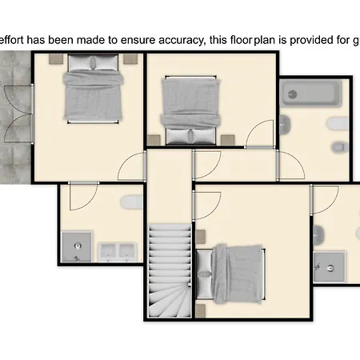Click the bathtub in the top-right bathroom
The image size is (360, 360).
tap(311, 94)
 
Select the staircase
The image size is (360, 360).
tap(170, 270)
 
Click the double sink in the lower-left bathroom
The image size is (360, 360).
tap(118, 252)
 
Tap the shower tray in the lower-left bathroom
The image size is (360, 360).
tap(77, 247)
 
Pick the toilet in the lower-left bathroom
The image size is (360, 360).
tap(132, 202)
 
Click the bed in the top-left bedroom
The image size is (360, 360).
tap(93, 89)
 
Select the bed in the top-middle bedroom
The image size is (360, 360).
tap(190, 110)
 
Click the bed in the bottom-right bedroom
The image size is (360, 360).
tap(230, 274)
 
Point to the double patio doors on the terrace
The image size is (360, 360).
tap(18, 114)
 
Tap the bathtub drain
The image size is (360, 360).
tap(293, 94)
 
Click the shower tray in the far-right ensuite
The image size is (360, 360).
tap(330, 267)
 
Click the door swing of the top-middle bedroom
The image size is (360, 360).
tap(260, 134)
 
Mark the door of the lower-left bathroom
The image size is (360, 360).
tap(83, 196)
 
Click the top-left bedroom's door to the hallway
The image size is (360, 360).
tap(132, 166)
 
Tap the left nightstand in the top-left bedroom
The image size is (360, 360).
tap(56, 58)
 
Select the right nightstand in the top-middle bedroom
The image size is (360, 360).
tap(227, 140)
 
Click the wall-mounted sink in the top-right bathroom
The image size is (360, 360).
tap(285, 125)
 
